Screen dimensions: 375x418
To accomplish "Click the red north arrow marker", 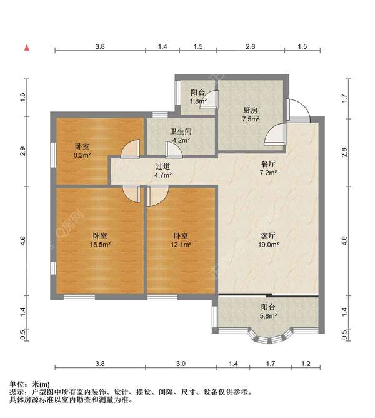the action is [27, 48].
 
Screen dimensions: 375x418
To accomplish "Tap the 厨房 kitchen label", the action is [251, 110].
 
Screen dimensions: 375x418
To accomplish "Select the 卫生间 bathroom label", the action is [181, 131].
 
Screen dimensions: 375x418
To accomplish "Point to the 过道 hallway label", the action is [162, 166].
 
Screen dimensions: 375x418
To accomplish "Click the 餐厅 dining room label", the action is [268, 164].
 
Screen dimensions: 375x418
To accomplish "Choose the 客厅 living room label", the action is [268, 236].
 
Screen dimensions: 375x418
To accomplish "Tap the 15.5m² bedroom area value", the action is [100, 244].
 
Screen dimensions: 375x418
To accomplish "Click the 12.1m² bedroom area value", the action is [181, 244].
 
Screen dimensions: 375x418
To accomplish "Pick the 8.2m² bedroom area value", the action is [82, 155].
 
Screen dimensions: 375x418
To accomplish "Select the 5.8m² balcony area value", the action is [268, 315].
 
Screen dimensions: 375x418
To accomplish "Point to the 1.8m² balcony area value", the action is [198, 101].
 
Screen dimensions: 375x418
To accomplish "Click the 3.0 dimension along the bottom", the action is [181, 364].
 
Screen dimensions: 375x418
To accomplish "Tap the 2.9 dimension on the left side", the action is [23, 151].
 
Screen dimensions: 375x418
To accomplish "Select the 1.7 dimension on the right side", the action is [344, 98].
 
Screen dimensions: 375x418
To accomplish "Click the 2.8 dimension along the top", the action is [251, 47].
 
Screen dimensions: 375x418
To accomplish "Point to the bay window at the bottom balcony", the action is [269, 337].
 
